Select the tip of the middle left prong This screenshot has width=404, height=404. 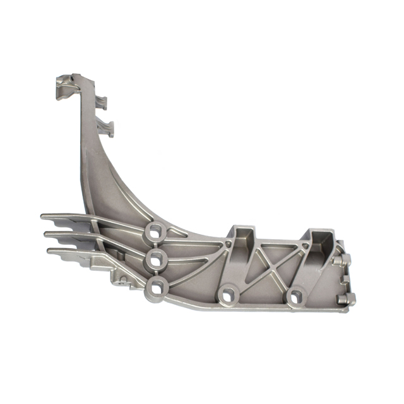coord(47,234)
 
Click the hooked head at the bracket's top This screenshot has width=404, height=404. coord(66,85)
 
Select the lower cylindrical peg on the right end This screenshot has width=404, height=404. coord(348,300)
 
